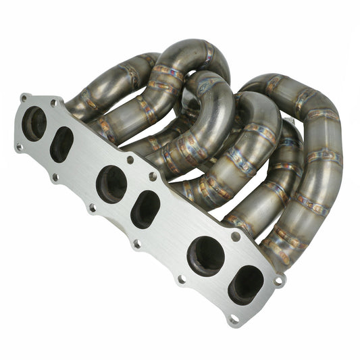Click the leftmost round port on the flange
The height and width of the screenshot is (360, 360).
(34, 124)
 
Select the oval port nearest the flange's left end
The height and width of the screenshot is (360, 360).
(62, 144)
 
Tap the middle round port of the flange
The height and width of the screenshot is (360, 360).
(111, 184)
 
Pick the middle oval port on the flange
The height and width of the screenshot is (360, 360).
(145, 209)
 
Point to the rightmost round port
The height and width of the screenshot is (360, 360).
(205, 256)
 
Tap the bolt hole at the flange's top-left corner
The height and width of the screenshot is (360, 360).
(24, 98)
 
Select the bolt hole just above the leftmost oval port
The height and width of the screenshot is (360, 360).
(54, 104)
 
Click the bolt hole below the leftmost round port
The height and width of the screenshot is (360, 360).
(19, 147)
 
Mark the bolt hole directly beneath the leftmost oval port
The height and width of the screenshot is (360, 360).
(56, 178)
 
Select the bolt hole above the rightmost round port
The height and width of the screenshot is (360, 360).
(235, 236)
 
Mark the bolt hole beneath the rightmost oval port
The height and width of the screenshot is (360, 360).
(234, 317)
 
